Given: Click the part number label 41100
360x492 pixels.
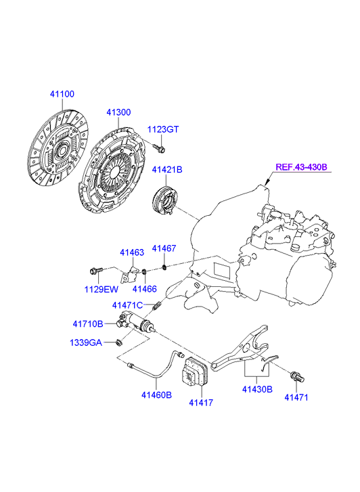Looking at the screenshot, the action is click(x=62, y=94).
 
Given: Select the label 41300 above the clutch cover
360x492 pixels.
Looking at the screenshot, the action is click(x=118, y=112).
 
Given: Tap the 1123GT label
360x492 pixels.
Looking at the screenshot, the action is click(x=163, y=129).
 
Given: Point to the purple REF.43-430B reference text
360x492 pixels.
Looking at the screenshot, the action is click(x=301, y=167).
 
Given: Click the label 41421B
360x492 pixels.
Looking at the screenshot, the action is click(x=167, y=170).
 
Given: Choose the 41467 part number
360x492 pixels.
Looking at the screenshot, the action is click(x=164, y=248).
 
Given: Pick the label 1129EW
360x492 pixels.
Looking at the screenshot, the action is click(x=101, y=289).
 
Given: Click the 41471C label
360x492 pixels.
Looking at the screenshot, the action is click(x=127, y=305).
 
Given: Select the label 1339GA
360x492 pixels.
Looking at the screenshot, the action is click(x=86, y=342).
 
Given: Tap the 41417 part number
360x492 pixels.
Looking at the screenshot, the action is click(x=201, y=403).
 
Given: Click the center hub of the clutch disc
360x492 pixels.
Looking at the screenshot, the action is click(x=62, y=150).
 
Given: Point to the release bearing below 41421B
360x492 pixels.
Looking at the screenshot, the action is click(x=164, y=201).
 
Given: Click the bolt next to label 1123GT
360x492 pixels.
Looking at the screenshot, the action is click(x=160, y=148).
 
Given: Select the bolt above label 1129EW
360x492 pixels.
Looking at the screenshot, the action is click(x=96, y=270).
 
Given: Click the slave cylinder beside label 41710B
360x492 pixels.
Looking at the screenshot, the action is click(x=135, y=323).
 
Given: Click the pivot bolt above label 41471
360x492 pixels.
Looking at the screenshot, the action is click(x=298, y=376).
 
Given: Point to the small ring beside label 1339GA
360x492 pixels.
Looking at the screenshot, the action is click(x=119, y=342).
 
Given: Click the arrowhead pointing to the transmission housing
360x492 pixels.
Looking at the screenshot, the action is click(x=267, y=183).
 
